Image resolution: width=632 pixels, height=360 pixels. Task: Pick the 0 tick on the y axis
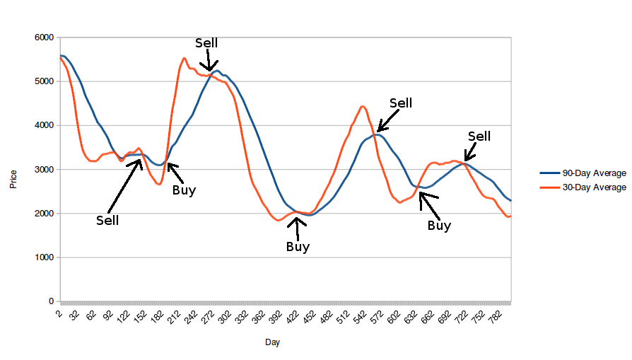(51, 302)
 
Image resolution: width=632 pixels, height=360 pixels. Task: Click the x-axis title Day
(272, 343)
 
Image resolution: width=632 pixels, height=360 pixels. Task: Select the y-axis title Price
(13, 180)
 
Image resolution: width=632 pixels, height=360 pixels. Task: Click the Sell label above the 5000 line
(206, 43)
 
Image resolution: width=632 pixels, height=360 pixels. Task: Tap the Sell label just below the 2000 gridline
(107, 220)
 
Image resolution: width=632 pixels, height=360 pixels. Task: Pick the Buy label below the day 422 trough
(298, 247)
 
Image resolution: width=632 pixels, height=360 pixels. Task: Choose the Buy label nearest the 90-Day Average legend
(439, 226)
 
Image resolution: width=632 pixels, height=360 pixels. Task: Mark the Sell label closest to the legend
(479, 137)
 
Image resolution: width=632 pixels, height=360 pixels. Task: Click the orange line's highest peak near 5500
(184, 58)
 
